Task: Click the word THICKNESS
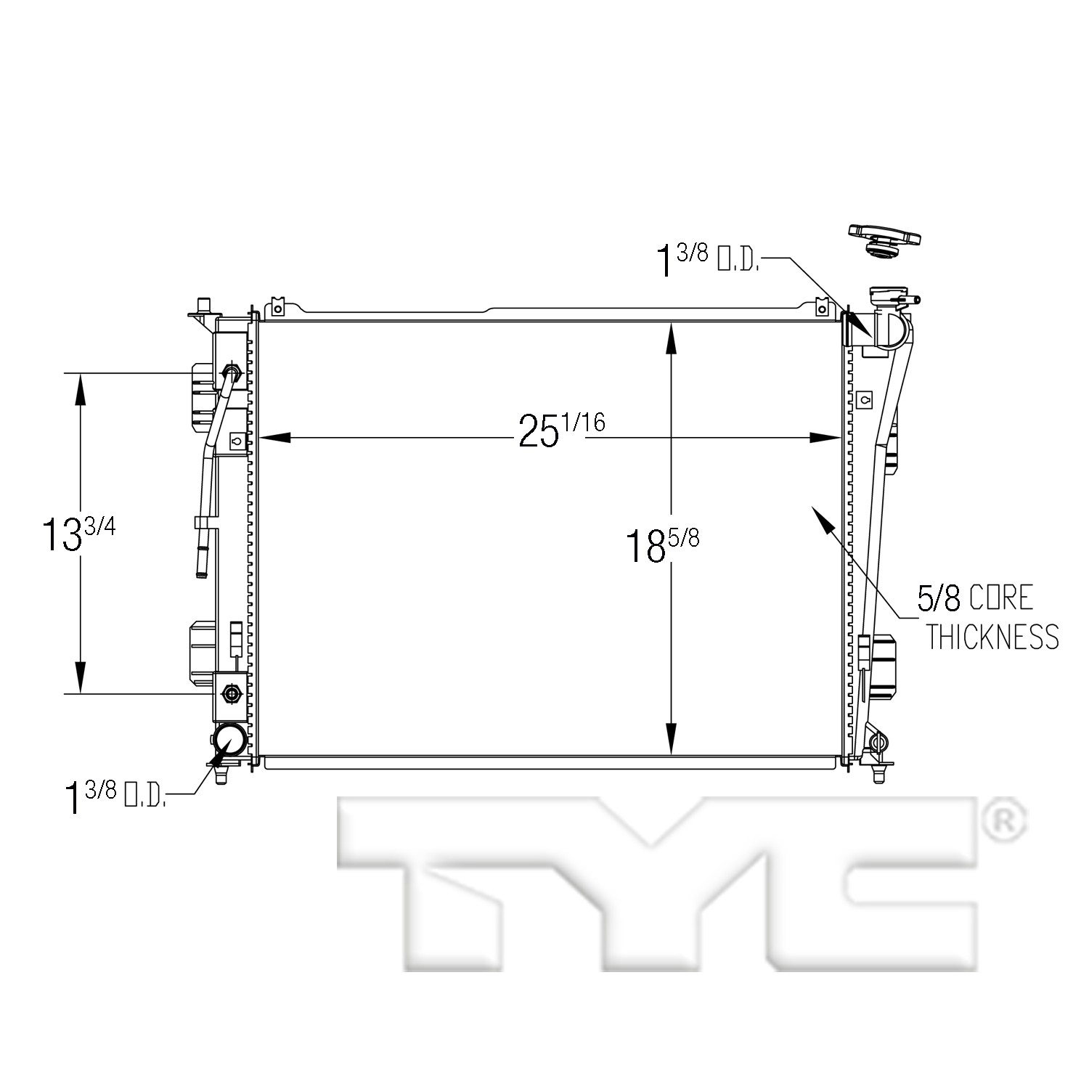992,636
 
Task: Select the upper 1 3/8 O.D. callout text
707,260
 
